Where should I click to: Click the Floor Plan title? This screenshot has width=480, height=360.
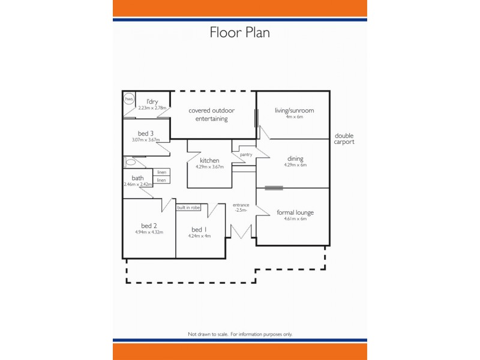[239, 32]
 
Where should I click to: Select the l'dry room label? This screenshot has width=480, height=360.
[152, 101]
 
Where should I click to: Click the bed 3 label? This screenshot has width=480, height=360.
[146, 133]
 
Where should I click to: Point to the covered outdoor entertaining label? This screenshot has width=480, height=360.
[211, 115]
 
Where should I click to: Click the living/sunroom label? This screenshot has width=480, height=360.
[294, 110]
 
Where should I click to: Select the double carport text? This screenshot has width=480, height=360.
[344, 139]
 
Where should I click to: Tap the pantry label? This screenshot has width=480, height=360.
[245, 154]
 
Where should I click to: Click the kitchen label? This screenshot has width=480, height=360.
[209, 160]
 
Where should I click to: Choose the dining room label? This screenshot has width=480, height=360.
[295, 158]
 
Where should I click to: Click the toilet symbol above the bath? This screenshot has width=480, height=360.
[131, 162]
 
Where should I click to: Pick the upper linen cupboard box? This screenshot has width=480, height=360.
[161, 172]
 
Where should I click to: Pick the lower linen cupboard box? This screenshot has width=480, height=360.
[161, 180]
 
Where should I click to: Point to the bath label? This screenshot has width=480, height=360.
[138, 178]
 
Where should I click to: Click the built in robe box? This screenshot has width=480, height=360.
[188, 208]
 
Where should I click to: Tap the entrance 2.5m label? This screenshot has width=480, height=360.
[241, 208]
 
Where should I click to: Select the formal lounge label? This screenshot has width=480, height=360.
[295, 212]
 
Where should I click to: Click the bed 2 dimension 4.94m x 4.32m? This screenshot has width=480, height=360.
[149, 232]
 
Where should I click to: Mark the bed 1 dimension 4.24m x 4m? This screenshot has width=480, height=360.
[199, 236]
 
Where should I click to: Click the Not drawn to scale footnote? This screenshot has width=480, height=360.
[239, 334]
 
